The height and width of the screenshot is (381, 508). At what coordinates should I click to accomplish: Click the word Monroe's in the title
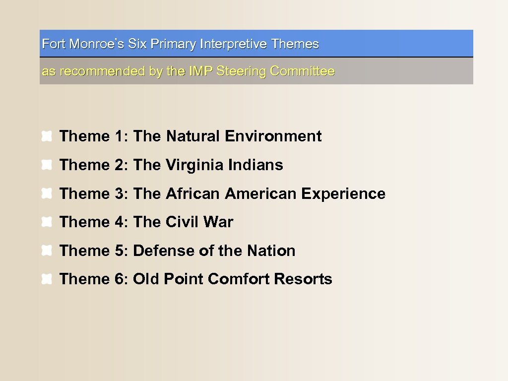(x=97, y=44)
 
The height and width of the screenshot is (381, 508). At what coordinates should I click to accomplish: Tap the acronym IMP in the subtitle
(x=201, y=71)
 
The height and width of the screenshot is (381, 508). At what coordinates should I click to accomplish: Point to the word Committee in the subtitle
(x=302, y=71)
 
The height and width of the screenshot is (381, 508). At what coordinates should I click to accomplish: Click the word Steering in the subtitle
(x=241, y=71)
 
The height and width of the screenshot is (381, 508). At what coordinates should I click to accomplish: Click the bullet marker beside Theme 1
(x=47, y=136)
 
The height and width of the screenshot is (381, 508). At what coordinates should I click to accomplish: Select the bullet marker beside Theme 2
(x=47, y=165)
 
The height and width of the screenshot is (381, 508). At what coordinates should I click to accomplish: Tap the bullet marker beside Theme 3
(x=47, y=194)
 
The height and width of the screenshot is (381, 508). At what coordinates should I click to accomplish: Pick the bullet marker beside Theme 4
(x=47, y=222)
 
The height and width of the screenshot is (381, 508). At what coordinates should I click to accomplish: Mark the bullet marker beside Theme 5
(x=47, y=251)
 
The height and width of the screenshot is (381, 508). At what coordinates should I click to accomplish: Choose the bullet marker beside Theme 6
(x=47, y=280)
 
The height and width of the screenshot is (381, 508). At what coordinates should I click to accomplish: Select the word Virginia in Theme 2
(x=194, y=165)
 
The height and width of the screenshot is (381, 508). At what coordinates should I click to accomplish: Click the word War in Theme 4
(x=218, y=222)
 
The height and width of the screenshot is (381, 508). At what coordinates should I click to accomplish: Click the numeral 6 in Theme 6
(x=121, y=279)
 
